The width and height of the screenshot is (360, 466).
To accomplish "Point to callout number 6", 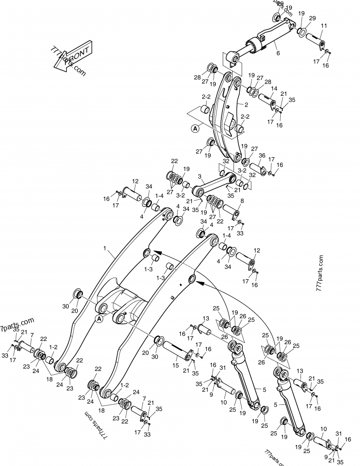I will point(278,54).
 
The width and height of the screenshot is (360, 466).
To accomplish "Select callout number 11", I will point(324,26).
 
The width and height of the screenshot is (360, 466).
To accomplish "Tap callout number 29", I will point(312,18).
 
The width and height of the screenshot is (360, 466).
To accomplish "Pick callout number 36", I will point(262,156).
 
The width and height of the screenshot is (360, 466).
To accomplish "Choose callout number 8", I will point(242,201).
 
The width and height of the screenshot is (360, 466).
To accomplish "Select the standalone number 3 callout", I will point(199,179).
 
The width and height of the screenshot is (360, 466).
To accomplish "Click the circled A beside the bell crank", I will point(195,129).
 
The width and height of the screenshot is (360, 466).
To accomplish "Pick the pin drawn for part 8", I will point(230,211).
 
